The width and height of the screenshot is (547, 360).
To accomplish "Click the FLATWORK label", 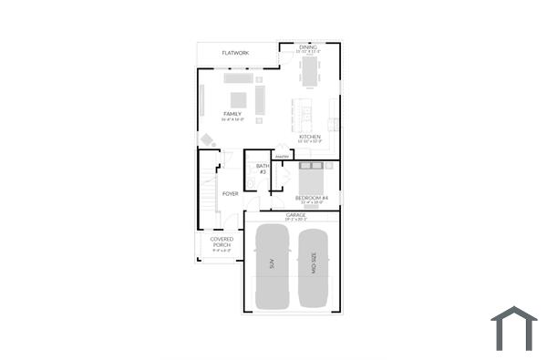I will tap(235, 54).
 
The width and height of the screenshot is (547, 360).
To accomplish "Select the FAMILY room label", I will tap(232, 114).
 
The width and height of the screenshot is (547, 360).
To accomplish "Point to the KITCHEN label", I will tap(309, 137).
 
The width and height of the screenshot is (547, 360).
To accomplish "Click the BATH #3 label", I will tap(262, 169).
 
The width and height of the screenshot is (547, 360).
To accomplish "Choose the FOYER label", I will tap(230, 193).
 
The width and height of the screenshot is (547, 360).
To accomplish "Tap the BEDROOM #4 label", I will tap(312, 198).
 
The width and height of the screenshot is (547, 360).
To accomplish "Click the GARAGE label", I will tap(295, 216).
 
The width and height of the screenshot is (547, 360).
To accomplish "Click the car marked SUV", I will tap(272, 264).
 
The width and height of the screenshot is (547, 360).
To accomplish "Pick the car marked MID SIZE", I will tap(312, 264).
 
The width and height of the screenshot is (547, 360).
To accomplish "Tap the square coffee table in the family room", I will tap(237, 99).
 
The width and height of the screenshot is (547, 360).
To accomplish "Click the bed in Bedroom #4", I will tap(312, 179).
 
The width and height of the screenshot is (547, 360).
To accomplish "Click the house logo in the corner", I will tap(514, 328).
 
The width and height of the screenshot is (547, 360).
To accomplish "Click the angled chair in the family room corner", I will tap(208, 140).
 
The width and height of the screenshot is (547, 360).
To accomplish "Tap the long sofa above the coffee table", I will tap(239, 79).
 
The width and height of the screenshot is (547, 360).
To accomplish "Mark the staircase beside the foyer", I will tap(208, 191).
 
